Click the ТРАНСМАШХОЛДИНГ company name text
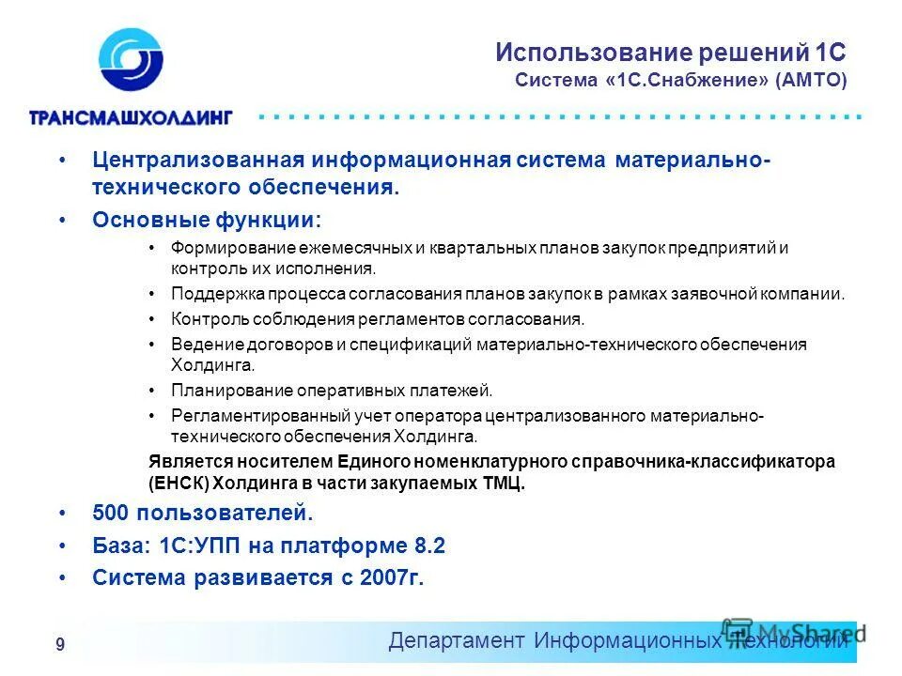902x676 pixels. tap(130, 117)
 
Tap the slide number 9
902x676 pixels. tap(60, 644)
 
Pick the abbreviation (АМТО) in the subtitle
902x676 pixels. tap(811, 81)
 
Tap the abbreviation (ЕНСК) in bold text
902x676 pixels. tap(179, 484)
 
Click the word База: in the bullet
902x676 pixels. tap(118, 545)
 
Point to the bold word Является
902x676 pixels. tap(187, 462)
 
